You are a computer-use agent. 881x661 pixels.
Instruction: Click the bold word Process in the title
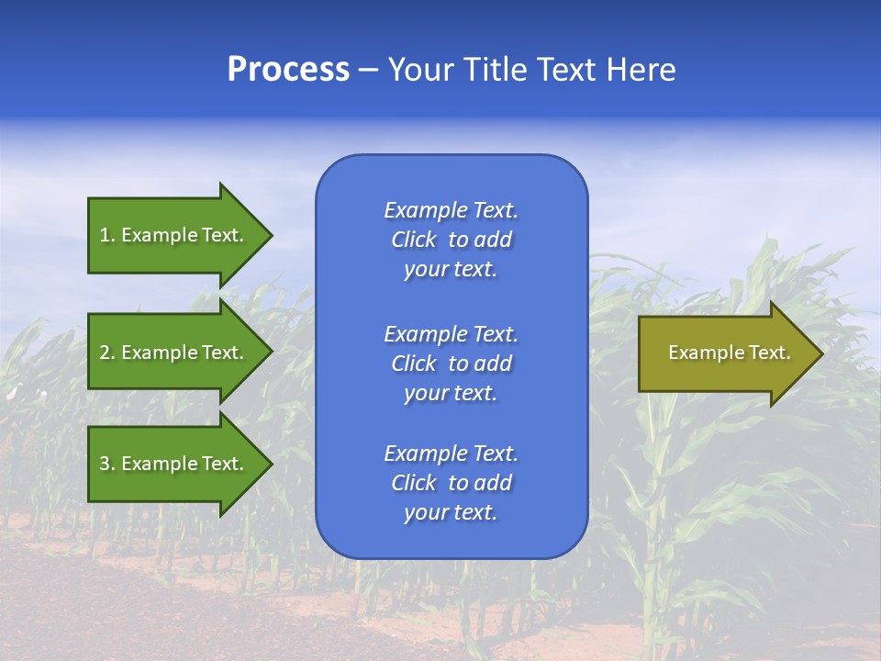click(288, 70)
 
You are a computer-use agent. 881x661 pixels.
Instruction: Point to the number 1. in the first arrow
click(107, 235)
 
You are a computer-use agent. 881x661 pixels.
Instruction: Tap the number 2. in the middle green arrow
click(107, 353)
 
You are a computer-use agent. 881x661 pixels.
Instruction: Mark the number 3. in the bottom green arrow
click(107, 464)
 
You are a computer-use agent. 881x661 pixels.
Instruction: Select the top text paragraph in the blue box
click(451, 240)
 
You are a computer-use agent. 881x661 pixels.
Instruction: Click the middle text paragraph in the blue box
click(451, 364)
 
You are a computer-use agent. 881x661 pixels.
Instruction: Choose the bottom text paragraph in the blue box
click(451, 483)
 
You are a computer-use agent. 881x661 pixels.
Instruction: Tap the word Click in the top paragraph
click(413, 240)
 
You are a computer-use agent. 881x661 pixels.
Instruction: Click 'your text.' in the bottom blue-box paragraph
click(451, 512)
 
